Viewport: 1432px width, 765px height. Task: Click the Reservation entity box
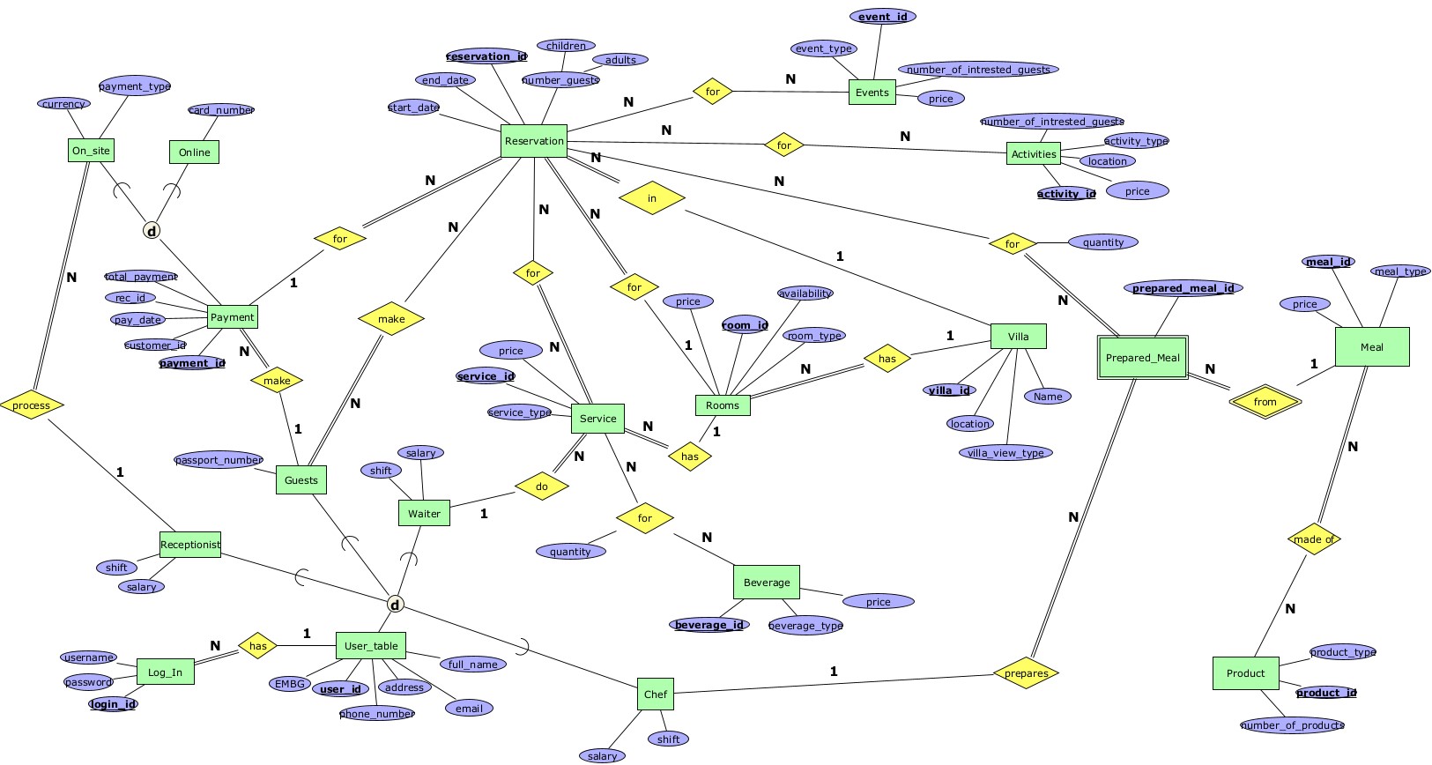click(534, 141)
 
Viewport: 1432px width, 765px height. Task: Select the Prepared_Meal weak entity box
click(1142, 358)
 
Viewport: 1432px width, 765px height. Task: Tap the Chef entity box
click(655, 694)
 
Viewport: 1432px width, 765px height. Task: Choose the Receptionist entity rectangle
click(190, 545)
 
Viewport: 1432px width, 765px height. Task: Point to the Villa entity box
click(1018, 337)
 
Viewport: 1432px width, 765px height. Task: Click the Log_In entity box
click(165, 672)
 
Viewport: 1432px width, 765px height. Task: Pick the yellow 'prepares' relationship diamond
click(1026, 673)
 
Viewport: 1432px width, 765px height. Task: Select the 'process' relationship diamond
click(32, 405)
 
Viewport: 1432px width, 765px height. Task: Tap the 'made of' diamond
click(1314, 539)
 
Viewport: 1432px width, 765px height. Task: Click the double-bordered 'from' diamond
click(1265, 402)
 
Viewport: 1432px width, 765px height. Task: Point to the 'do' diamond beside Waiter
click(541, 486)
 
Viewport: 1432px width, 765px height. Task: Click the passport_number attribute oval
click(219, 460)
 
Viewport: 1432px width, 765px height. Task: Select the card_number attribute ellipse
click(221, 110)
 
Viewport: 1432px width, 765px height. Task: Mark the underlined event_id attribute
click(882, 17)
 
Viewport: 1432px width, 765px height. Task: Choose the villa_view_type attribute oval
click(1005, 453)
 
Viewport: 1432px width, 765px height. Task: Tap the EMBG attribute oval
click(290, 684)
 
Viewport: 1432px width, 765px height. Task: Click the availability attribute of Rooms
click(805, 293)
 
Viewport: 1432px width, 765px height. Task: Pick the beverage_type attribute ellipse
click(805, 626)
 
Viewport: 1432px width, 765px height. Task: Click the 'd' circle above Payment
click(152, 231)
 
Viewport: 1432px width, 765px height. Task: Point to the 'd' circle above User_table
click(396, 605)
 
